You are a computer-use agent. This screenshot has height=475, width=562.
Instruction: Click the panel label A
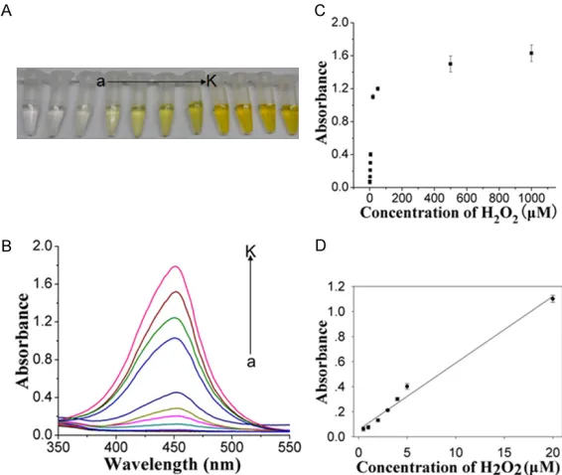[x=6, y=10]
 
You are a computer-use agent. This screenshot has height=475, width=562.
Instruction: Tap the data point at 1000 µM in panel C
[x=531, y=53]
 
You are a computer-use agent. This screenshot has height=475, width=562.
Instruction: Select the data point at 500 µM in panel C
[x=451, y=64]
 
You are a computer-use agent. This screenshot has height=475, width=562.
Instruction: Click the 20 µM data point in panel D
[x=553, y=298]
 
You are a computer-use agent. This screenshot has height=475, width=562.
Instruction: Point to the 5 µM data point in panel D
[x=407, y=386]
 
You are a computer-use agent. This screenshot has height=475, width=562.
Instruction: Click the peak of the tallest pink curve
[x=176, y=266]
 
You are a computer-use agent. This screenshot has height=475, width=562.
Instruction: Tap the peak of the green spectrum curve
[x=175, y=318]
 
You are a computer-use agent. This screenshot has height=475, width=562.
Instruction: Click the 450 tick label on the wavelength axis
[x=174, y=447]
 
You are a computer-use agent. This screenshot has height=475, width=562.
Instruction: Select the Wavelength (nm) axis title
[x=173, y=464]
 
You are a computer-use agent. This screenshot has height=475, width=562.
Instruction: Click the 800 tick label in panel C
[x=498, y=198]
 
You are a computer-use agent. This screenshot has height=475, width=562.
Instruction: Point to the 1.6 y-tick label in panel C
[x=340, y=56]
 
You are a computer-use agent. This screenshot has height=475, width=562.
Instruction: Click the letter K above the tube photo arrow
[x=211, y=81]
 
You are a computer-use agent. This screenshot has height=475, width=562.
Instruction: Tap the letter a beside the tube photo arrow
[x=100, y=82]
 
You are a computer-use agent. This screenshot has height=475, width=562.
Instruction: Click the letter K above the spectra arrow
[x=250, y=251]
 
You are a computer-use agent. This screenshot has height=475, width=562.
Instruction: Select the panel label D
[x=321, y=245]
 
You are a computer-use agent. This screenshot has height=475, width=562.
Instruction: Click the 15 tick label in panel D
[x=504, y=452]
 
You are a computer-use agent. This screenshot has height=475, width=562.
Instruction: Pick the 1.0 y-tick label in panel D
[x=338, y=312]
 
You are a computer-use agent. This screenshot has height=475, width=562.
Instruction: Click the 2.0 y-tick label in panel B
[x=43, y=246]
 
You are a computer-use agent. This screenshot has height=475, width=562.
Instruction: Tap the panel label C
[x=320, y=10]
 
